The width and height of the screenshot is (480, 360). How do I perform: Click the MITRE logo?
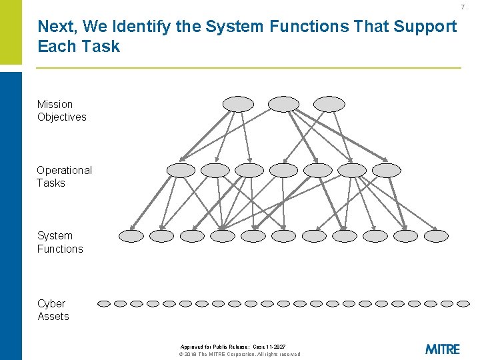442,349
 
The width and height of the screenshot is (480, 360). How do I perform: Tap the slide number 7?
465,7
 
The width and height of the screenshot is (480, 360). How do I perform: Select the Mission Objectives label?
61,111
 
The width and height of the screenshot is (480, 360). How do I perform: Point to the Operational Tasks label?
64,177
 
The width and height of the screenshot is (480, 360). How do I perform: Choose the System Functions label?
60,242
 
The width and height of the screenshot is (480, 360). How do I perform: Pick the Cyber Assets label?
53,310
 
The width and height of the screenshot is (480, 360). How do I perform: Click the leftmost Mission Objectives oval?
238,104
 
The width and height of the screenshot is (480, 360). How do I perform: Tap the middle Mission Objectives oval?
283,104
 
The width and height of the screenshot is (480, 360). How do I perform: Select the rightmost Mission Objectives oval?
329,104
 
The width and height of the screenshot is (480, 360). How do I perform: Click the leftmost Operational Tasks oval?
181,170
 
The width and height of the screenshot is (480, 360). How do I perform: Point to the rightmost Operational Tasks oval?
387,170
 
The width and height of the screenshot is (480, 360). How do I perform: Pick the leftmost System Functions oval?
131,235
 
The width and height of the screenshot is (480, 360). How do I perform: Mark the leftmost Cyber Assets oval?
104,303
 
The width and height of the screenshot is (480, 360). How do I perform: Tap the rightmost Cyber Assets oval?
464,303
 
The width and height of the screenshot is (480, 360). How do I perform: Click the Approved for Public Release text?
233,347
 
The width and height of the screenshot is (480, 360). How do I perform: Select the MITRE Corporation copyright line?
240,354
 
